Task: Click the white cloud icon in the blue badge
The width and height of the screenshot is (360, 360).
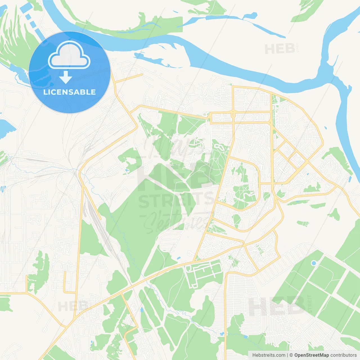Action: pyautogui.click(x=69, y=55)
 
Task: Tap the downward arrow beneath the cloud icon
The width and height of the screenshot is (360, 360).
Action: pyautogui.click(x=66, y=77)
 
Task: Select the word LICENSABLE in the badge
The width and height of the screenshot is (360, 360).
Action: pyautogui.click(x=69, y=92)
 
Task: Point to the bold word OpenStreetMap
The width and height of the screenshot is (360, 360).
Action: pyautogui.click(x=312, y=355)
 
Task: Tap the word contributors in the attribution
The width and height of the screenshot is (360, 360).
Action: pyautogui.click(x=343, y=355)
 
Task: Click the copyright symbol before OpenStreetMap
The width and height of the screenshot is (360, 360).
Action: pyautogui.click(x=291, y=355)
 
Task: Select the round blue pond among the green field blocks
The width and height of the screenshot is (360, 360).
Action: pyautogui.click(x=314, y=263)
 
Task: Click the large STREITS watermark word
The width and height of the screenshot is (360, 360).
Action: pyautogui.click(x=177, y=200)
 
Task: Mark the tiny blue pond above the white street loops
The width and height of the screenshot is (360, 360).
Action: pyautogui.click(x=178, y=258)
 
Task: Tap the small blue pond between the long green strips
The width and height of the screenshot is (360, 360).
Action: pyautogui.click(x=142, y=310)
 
